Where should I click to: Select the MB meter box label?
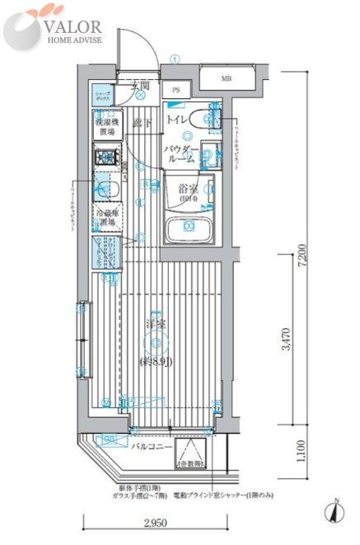[x=226, y=79]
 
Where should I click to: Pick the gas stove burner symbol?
[x=105, y=156]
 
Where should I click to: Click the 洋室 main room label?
[x=153, y=324]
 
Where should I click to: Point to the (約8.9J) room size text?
[x=153, y=361]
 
